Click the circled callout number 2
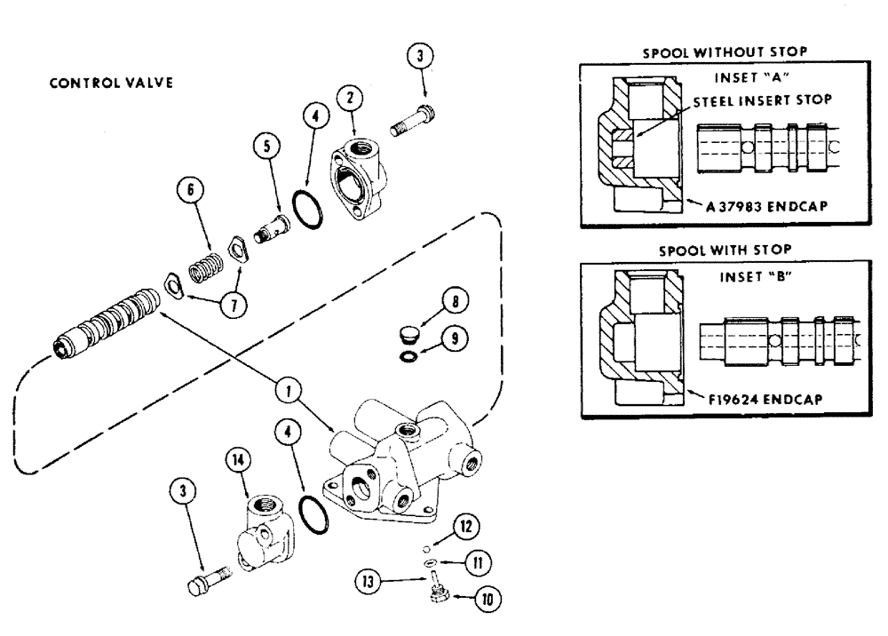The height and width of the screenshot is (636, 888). (x=353, y=99)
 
